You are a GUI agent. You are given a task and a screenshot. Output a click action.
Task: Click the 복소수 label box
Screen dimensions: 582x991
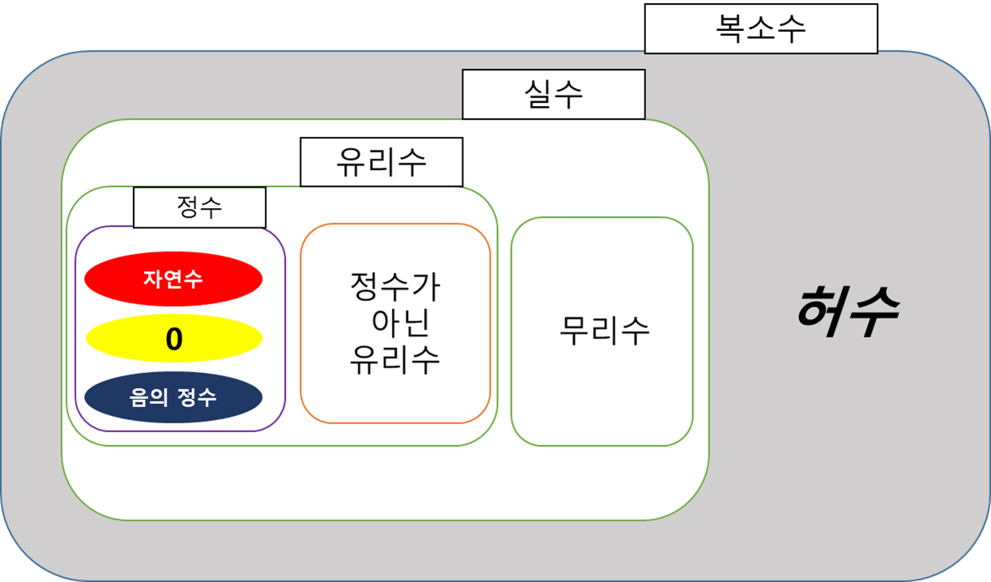point(760,29)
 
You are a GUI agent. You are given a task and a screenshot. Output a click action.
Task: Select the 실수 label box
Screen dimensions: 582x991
point(554,94)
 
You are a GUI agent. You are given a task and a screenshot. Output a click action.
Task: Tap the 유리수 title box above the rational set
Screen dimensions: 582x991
point(381,162)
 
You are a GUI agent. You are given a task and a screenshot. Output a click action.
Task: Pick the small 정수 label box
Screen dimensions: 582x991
point(199,207)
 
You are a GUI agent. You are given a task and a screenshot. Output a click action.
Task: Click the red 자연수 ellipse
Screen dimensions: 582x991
point(173,279)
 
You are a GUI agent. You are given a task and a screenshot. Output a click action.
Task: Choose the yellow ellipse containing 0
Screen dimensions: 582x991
point(173,339)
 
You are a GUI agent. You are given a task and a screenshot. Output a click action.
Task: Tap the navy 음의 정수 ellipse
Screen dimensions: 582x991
point(173,398)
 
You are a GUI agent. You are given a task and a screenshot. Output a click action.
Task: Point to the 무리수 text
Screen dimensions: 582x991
point(604,330)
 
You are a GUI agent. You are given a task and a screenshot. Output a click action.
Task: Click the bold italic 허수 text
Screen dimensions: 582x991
point(846,314)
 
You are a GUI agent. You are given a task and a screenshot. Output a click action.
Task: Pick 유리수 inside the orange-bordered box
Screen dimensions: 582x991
point(395,359)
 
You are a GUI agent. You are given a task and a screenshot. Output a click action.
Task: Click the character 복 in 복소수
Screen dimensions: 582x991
point(730,29)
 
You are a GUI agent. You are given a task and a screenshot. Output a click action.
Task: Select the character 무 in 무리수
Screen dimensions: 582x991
point(574,330)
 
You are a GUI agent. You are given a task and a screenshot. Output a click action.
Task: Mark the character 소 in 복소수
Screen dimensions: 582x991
point(761,29)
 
